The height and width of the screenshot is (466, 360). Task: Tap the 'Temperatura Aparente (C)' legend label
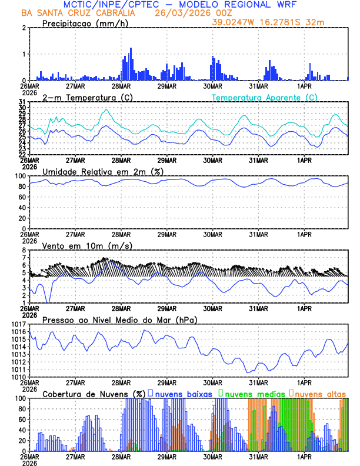pyautogui.click(x=264, y=97)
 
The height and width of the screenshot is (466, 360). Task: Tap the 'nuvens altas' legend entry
pyautogui.click(x=320, y=394)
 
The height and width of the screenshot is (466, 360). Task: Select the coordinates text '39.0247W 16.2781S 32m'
pyautogui.click(x=268, y=22)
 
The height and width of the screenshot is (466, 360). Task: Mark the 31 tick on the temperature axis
pyautogui.click(x=21, y=102)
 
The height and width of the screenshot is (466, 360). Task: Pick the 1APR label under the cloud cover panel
pyautogui.click(x=304, y=456)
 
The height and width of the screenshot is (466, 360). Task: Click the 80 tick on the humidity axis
pyautogui.click(x=19, y=187)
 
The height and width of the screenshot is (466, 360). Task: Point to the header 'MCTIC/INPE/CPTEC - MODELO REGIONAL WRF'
pyautogui.click(x=183, y=4)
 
